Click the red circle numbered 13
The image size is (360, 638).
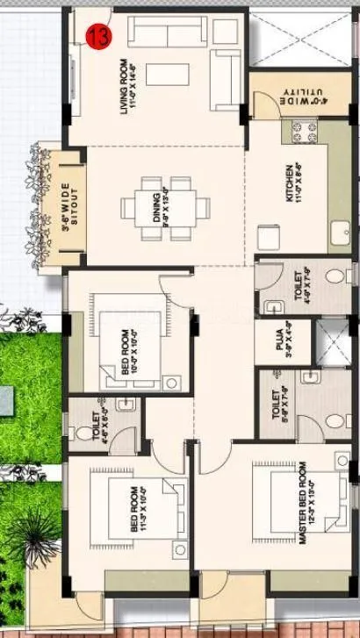tap(97, 36)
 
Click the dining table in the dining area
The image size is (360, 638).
tap(167, 209)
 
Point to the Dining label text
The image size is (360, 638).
tap(157, 210)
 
